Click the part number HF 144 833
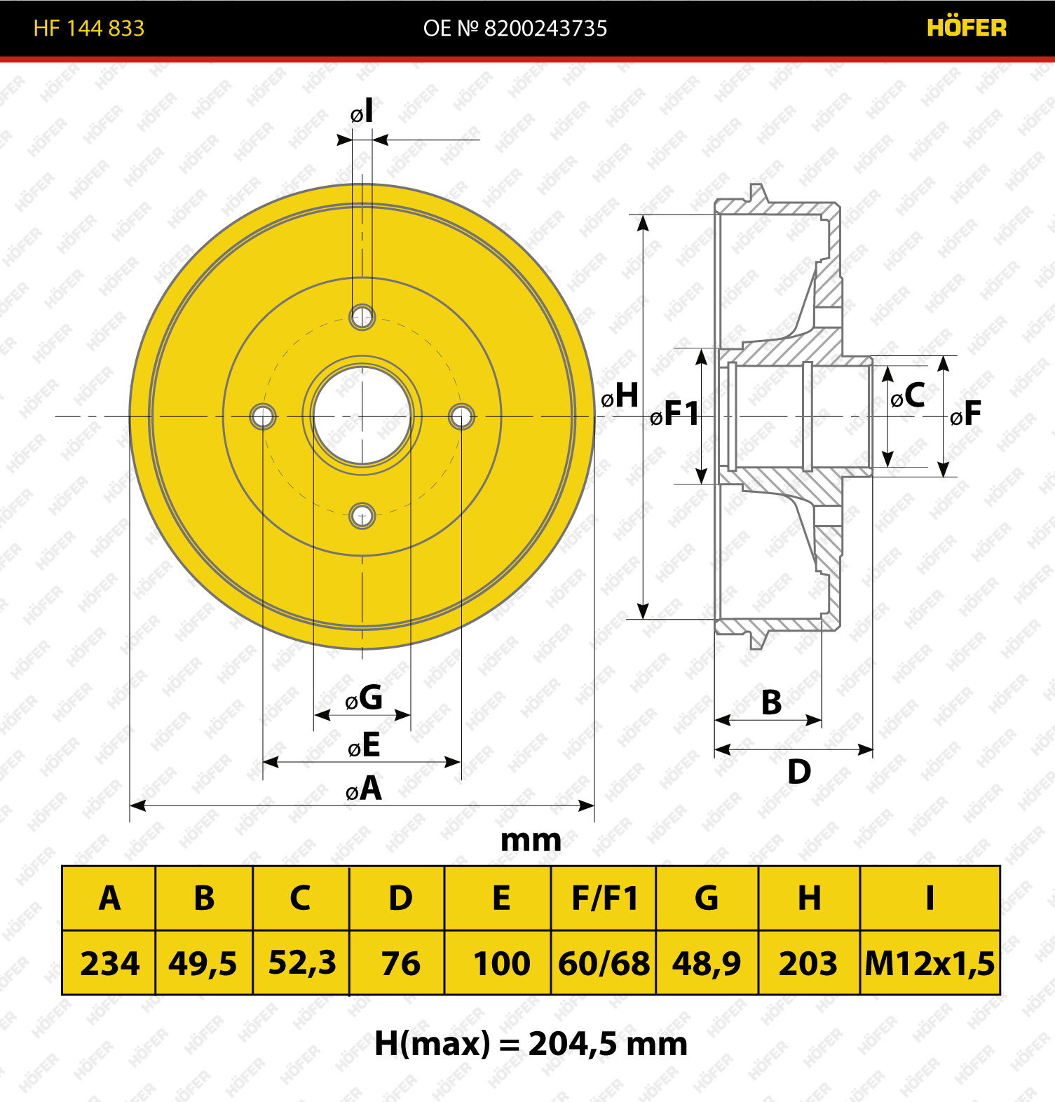click(x=89, y=28)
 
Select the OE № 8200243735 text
click(x=515, y=28)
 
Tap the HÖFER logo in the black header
click(x=967, y=27)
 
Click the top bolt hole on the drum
click(x=362, y=317)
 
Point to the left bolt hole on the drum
click(x=263, y=416)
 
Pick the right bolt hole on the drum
click(x=461, y=416)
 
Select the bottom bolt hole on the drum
click(x=362, y=517)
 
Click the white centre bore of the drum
click(x=362, y=416)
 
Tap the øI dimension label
click(x=362, y=111)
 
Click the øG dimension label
click(x=364, y=698)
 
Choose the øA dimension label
click(x=364, y=789)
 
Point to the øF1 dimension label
click(x=674, y=413)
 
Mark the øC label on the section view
click(x=908, y=395)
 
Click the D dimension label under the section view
click(x=799, y=772)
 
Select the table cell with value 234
click(x=109, y=963)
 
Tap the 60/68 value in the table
click(x=604, y=963)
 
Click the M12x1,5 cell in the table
click(x=930, y=963)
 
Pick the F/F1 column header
click(x=604, y=898)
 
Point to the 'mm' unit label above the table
click(x=531, y=841)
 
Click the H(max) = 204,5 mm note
click(x=531, y=1044)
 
